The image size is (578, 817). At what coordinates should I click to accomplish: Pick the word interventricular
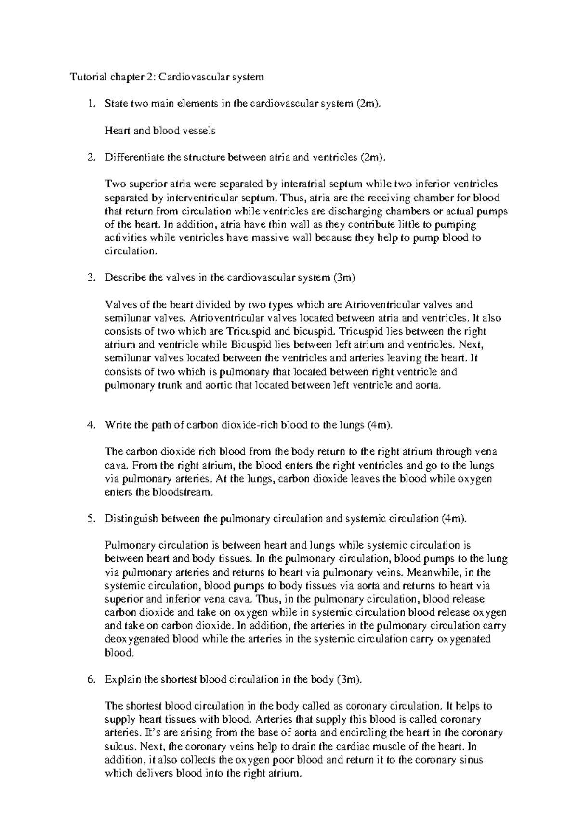tap(206, 198)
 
